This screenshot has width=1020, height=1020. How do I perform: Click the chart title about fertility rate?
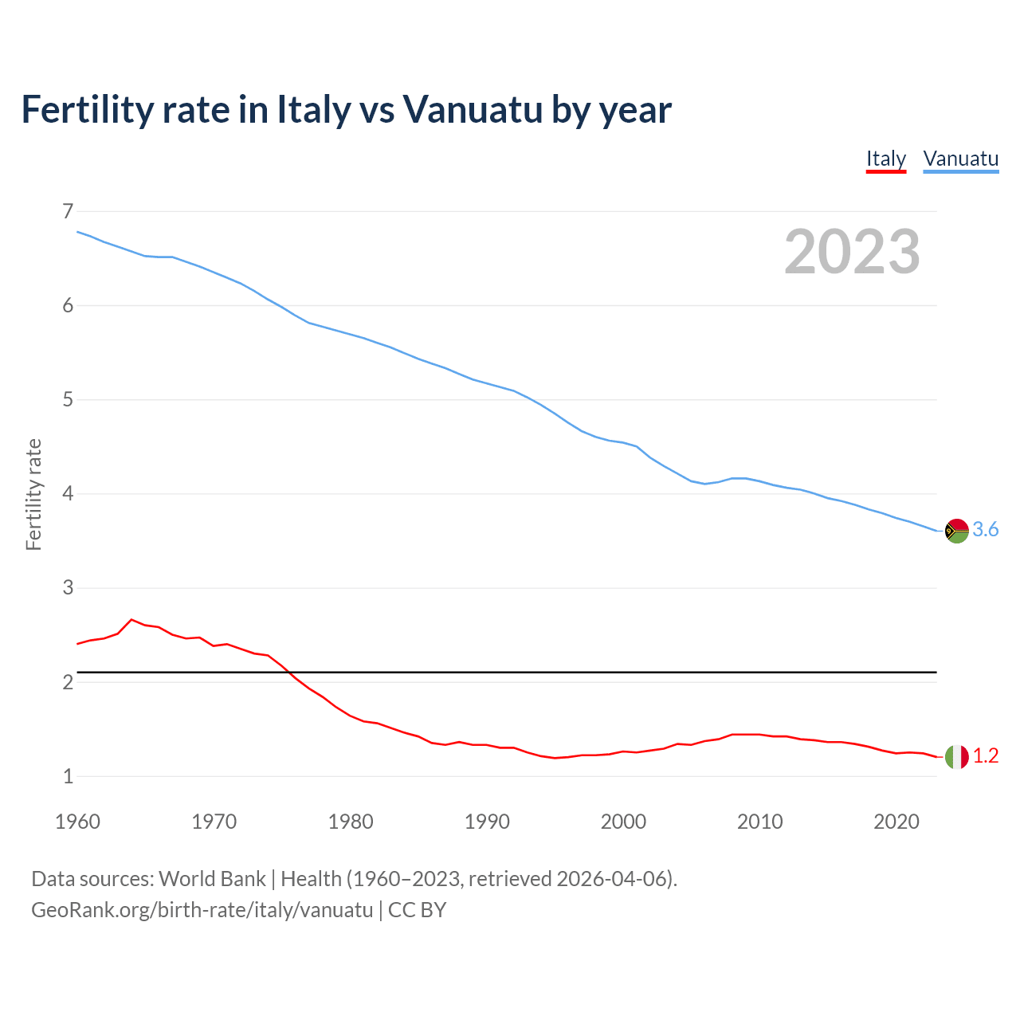[x=346, y=109]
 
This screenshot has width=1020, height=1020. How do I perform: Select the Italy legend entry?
[x=886, y=159]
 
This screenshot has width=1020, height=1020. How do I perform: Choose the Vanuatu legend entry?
[x=960, y=159]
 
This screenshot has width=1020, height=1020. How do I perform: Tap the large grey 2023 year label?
[x=852, y=252]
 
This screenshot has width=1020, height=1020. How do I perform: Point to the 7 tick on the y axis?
[x=68, y=211]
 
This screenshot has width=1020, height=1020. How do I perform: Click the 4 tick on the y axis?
[x=68, y=493]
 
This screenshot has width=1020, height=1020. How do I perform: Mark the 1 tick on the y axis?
[x=68, y=776]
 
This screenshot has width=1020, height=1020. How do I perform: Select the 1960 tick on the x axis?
[x=77, y=822]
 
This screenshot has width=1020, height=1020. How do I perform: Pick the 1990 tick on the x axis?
[x=487, y=822]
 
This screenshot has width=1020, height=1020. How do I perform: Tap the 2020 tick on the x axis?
[x=896, y=822]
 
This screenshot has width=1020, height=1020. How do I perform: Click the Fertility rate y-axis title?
[x=33, y=494]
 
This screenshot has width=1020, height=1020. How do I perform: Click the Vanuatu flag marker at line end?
[x=956, y=531]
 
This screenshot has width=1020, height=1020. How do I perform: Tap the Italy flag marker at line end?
[x=956, y=756]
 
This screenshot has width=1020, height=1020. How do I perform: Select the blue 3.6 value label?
[x=986, y=530]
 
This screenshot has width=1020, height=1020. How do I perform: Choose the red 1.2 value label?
[x=986, y=756]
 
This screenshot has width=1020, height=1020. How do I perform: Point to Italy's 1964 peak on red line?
[x=131, y=619]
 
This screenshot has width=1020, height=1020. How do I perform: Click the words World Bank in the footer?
[x=212, y=879]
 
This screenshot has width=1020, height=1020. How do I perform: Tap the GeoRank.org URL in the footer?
[x=202, y=910]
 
